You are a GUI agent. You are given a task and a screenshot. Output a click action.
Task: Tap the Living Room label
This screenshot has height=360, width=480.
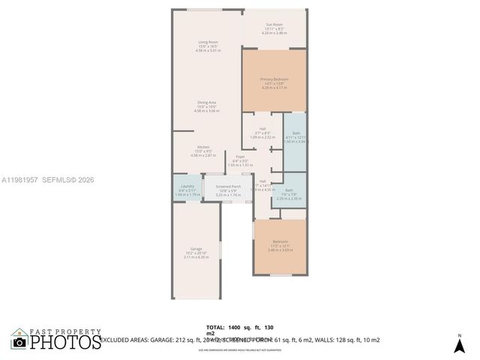[x=208, y=41]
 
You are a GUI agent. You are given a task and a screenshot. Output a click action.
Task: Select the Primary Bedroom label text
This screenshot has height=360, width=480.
[x=274, y=79]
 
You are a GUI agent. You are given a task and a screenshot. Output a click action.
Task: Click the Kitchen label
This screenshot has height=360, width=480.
[x=203, y=146]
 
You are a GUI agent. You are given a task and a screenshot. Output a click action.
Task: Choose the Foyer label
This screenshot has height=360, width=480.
[x=239, y=157]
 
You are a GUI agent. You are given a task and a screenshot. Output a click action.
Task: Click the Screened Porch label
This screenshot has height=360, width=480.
[x=228, y=186]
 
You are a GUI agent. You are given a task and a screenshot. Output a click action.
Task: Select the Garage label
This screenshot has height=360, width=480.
[x=196, y=249]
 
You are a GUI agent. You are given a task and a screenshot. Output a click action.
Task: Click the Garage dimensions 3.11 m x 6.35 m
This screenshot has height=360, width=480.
[x=196, y=258]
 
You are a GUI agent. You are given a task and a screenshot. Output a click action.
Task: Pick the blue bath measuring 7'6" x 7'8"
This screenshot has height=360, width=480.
[x=289, y=193]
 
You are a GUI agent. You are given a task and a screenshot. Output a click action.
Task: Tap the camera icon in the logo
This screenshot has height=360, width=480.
[x=19, y=342]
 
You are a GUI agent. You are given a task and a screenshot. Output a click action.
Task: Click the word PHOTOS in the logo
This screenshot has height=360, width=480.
[x=66, y=343]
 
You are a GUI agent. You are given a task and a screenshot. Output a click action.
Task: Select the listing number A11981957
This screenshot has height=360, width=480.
[x=21, y=179]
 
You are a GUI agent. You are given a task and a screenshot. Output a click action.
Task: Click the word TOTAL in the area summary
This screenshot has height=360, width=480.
[x=215, y=328]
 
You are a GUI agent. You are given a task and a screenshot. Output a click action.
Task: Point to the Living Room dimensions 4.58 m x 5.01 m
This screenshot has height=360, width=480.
[x=208, y=50]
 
